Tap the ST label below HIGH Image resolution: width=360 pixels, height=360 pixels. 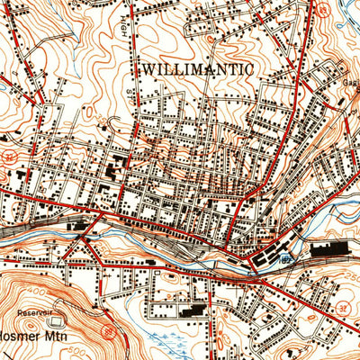pyautogui.click(x=130, y=91)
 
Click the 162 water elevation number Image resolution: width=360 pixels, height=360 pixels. pyautogui.click(x=285, y=258)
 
